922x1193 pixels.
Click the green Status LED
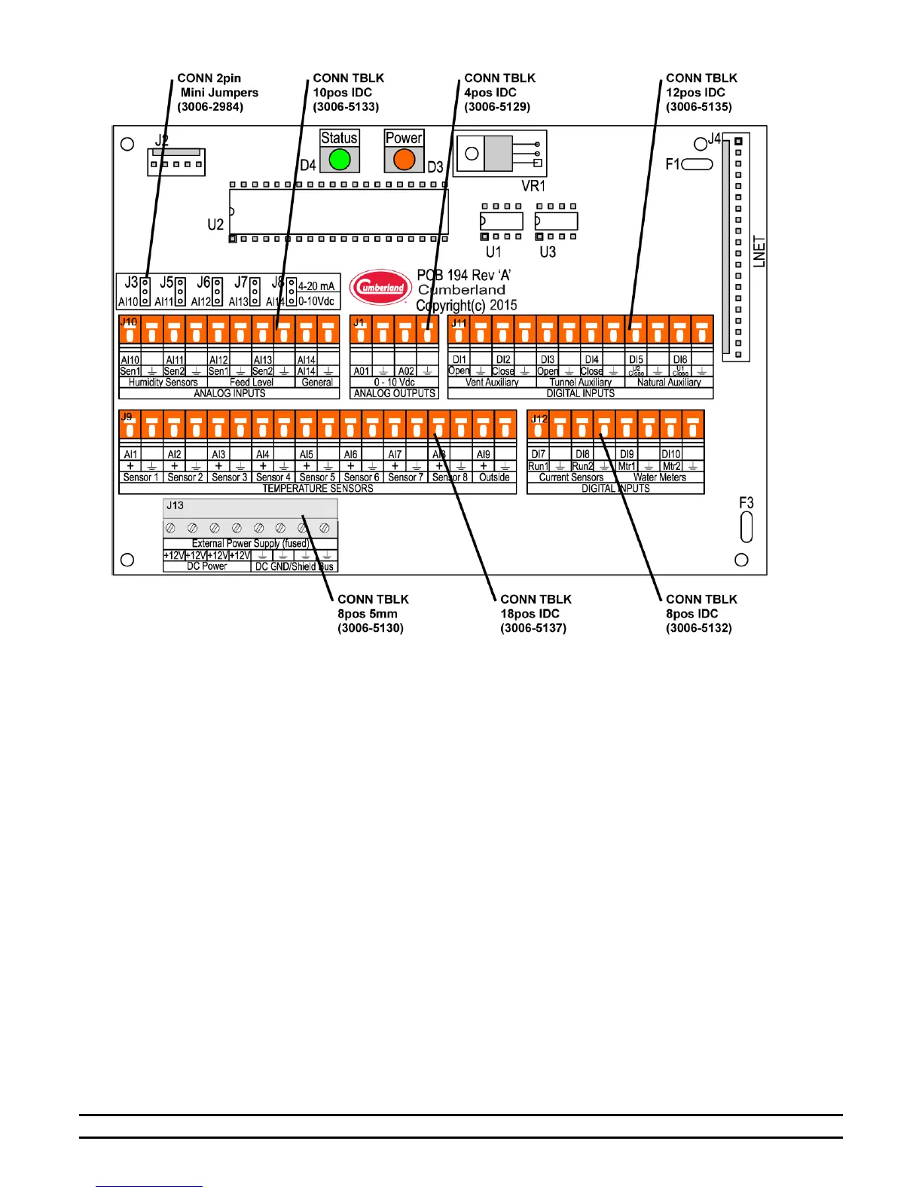340,160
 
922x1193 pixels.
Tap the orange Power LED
405,160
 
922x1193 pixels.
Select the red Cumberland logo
381,287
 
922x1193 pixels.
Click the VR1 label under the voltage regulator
533,185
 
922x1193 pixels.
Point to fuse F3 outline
746,526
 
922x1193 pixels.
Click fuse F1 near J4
698,164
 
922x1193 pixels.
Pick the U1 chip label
493,252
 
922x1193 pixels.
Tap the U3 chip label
548,252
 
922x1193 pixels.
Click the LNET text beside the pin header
759,252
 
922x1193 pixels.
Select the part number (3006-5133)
346,107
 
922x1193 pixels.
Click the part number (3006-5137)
533,628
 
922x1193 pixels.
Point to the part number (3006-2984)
210,107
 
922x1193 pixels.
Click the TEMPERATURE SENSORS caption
317,489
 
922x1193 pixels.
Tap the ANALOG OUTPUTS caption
395,393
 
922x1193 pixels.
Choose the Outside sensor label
494,478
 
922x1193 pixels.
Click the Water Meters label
660,478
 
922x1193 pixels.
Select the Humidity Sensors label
163,383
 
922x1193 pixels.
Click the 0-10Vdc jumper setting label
316,301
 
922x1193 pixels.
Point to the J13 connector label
175,505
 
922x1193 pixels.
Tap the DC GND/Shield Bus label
294,566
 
